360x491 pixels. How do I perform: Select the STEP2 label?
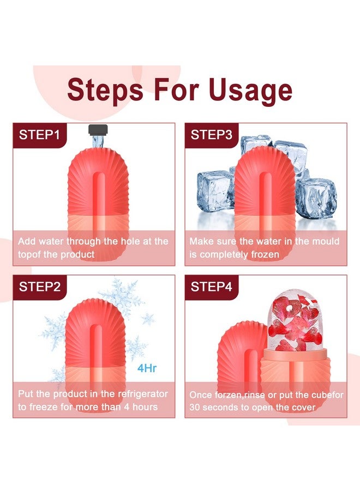tap(39, 287)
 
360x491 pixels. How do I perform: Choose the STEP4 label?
tap(212, 287)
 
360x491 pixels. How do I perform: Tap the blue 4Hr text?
tap(147, 368)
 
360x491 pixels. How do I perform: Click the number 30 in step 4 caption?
tap(196, 408)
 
